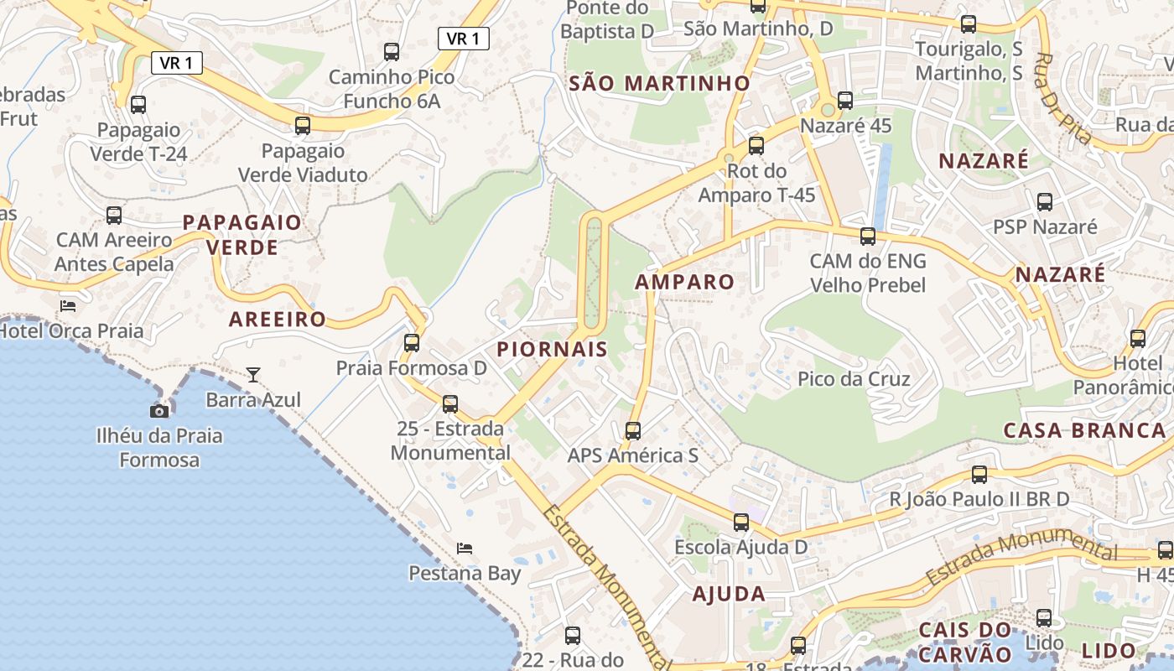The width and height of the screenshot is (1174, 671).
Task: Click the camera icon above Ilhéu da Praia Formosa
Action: pyautogui.click(x=159, y=411)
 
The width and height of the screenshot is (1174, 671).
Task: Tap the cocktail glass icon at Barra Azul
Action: pyautogui.click(x=252, y=374)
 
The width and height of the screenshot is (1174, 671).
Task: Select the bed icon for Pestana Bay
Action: pyautogui.click(x=465, y=549)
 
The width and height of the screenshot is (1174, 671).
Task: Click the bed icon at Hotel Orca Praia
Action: pyautogui.click(x=68, y=305)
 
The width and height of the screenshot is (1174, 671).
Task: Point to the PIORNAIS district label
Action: pyautogui.click(x=552, y=350)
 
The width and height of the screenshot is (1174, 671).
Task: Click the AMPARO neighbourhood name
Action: pyautogui.click(x=684, y=282)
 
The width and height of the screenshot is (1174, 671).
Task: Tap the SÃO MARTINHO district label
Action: pyautogui.click(x=659, y=83)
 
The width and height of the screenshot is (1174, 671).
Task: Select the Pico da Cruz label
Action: pyautogui.click(x=854, y=379)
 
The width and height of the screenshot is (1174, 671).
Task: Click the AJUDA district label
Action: pyautogui.click(x=729, y=594)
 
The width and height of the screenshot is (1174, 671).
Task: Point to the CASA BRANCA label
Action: pyautogui.click(x=1084, y=430)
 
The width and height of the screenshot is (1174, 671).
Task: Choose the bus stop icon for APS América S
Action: pyautogui.click(x=633, y=431)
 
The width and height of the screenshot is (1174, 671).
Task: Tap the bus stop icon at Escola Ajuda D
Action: pyautogui.click(x=741, y=523)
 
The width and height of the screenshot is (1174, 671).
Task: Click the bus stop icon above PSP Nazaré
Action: pyautogui.click(x=1044, y=202)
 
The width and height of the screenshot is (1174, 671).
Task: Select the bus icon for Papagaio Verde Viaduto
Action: pyautogui.click(x=303, y=126)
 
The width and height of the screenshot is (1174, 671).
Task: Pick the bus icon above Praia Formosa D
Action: pyautogui.click(x=411, y=342)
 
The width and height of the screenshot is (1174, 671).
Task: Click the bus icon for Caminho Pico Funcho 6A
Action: pyautogui.click(x=392, y=52)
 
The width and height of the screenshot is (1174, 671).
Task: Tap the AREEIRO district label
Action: pyautogui.click(x=277, y=320)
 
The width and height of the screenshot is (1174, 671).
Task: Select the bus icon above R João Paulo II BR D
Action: pyautogui.click(x=979, y=475)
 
